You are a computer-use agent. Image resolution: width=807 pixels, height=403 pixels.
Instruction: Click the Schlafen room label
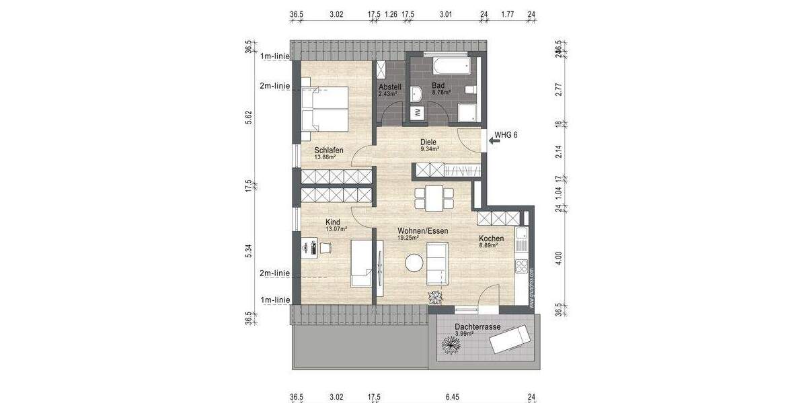coord(329,150)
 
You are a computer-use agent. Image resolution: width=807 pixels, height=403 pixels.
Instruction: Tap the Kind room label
coord(333,222)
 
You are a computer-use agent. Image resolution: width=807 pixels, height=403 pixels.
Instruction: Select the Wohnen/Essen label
coord(422,230)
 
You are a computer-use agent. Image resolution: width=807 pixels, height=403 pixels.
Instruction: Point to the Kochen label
coord(491,238)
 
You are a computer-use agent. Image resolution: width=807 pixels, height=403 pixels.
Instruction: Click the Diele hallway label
coord(428,142)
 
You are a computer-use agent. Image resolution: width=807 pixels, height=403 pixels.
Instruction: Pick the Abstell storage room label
coord(390,87)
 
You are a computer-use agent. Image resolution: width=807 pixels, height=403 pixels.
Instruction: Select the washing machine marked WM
coord(417,111)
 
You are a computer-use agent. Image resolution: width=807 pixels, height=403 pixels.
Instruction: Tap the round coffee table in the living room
coord(412,263)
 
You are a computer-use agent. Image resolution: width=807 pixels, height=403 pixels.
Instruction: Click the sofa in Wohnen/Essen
coord(438,263)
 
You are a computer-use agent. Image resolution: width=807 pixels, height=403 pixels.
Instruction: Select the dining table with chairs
coord(432,198)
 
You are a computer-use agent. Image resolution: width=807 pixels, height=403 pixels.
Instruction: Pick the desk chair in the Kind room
coord(326,248)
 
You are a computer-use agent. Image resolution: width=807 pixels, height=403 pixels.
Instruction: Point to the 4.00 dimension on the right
coord(558,257)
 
